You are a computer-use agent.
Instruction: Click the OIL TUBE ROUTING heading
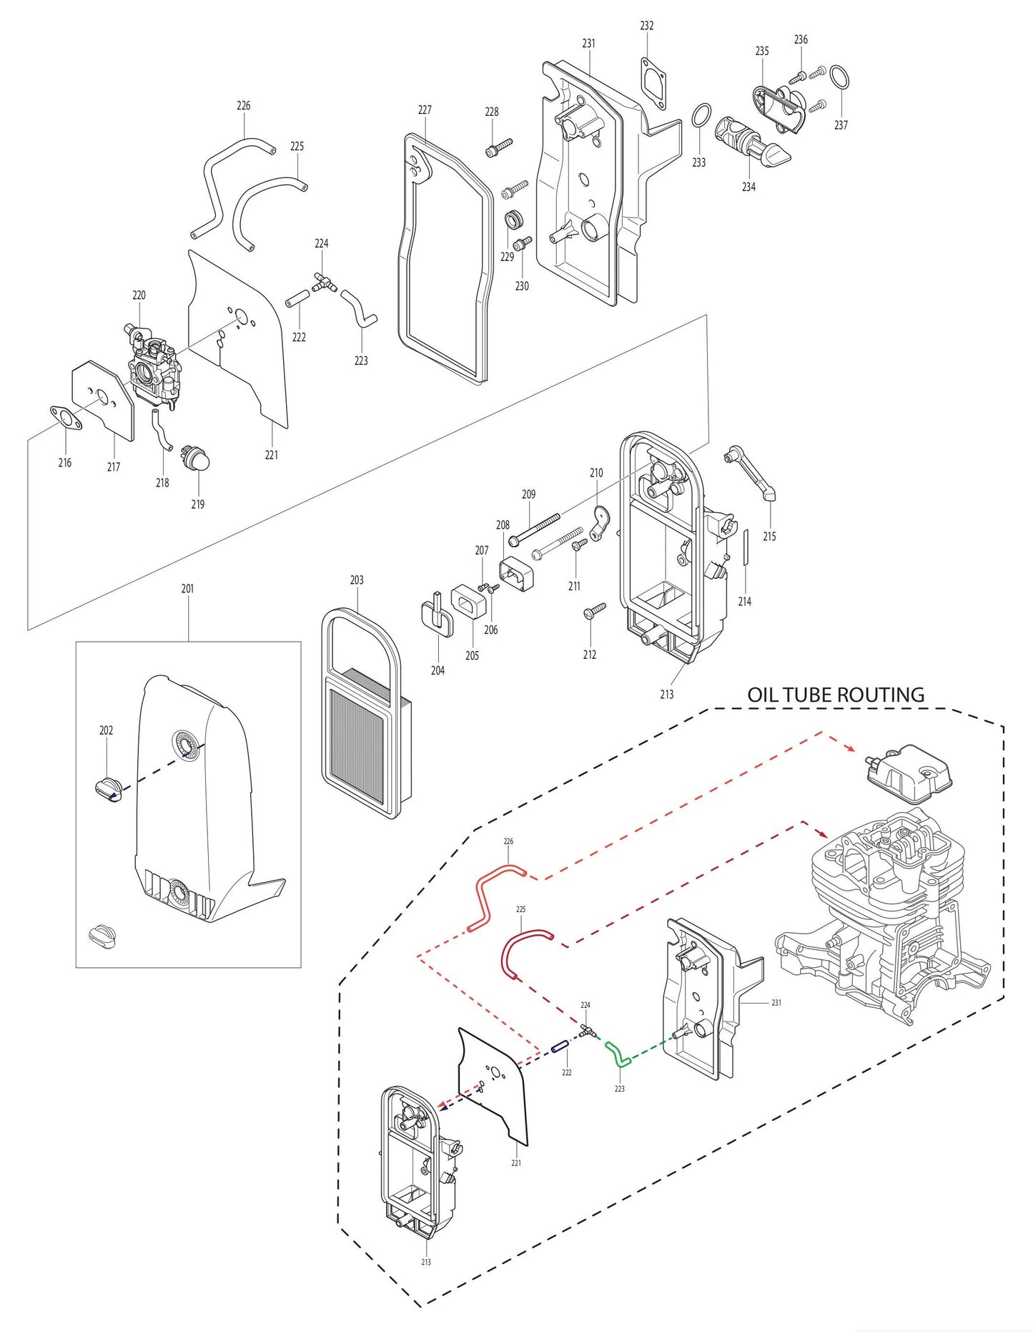835,695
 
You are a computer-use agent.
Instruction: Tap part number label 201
187,589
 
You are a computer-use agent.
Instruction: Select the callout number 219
198,504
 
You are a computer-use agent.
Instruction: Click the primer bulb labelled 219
197,457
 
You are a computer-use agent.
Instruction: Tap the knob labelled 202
108,790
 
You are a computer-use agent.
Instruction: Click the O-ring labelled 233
702,114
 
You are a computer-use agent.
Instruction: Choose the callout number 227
425,110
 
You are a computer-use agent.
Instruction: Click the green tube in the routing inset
618,1054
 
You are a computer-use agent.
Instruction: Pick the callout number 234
748,187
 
